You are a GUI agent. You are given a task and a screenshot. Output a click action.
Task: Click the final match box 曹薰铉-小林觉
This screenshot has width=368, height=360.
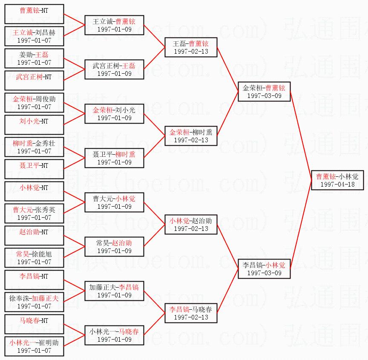[337, 180]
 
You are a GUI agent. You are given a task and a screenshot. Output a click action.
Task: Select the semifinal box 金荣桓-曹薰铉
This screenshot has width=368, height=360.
[264, 92]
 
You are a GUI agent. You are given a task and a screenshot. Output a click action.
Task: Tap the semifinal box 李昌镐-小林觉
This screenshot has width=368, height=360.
[264, 269]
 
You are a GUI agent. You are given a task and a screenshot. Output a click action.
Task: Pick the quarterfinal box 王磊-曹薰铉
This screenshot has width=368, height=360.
[191, 47]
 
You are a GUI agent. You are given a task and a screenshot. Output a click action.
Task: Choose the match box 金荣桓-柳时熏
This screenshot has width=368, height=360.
[191, 136]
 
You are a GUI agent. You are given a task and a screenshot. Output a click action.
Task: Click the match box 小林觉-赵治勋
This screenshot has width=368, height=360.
[191, 225]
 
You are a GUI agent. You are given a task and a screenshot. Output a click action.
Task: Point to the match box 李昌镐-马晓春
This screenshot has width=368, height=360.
[191, 313]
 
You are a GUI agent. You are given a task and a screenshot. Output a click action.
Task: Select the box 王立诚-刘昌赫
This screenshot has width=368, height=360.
[34, 36]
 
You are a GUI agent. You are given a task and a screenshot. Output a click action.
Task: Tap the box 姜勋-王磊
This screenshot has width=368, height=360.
[34, 58]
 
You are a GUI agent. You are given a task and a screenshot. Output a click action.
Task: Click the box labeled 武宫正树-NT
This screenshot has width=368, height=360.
[34, 81]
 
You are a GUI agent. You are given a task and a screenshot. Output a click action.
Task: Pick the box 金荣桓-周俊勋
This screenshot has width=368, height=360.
[34, 103]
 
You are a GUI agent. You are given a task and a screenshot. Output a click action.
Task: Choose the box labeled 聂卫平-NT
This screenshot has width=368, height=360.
[34, 169]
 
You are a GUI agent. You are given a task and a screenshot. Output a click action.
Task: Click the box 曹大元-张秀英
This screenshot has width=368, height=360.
[34, 213]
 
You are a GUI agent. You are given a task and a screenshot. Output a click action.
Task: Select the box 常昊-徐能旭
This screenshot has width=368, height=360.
[34, 258]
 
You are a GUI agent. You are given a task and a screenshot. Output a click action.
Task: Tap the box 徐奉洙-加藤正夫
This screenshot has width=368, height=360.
[34, 302]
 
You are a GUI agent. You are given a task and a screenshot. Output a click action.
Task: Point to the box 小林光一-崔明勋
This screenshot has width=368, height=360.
[34, 346]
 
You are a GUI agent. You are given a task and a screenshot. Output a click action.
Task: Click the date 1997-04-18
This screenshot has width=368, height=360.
[337, 184]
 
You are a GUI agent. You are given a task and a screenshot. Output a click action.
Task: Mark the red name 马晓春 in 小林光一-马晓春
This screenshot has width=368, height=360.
[129, 331]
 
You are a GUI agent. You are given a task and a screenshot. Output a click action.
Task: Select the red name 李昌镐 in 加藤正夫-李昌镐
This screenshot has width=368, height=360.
[129, 287]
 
